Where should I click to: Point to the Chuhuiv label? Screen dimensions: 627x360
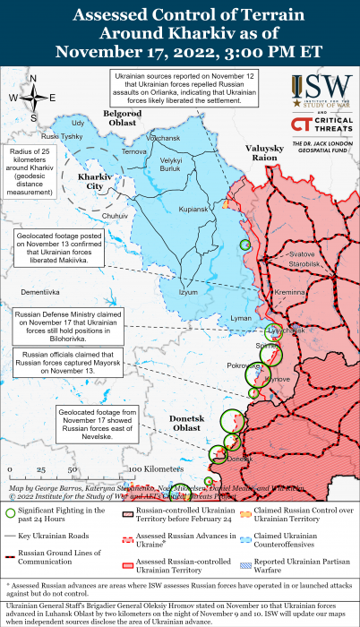116,216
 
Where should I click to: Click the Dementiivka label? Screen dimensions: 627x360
42,293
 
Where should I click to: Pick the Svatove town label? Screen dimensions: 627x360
303,255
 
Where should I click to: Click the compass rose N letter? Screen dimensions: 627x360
33,79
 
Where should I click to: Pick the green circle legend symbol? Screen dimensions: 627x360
10,512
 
